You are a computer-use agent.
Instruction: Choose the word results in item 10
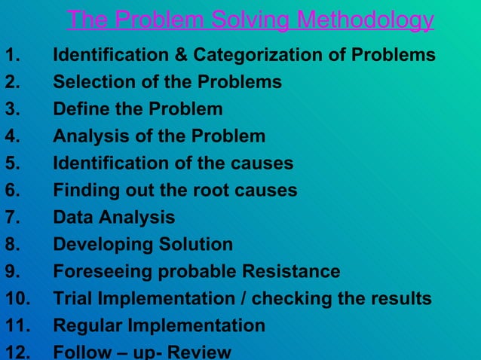pyautogui.click(x=400, y=299)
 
